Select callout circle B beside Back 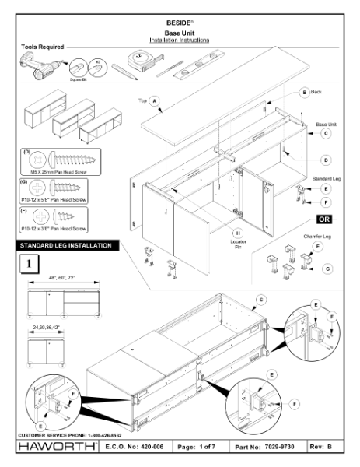pyautogui.click(x=304, y=92)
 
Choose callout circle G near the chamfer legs pyautogui.click(x=328, y=269)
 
